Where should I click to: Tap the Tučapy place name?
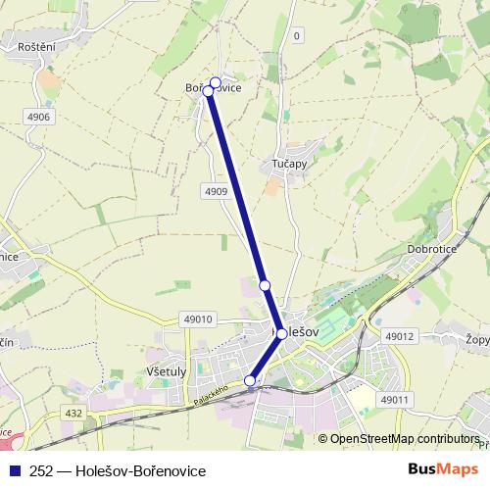click(289, 164)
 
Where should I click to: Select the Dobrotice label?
click(430, 250)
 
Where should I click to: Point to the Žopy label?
click(478, 339)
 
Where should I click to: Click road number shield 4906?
click(39, 117)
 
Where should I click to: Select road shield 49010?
click(198, 318)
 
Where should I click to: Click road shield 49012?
click(400, 336)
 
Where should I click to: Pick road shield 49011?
click(393, 400)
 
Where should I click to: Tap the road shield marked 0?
click(296, 36)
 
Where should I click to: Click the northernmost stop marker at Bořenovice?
click(216, 82)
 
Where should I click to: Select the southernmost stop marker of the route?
click(250, 380)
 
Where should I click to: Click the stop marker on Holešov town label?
click(281, 334)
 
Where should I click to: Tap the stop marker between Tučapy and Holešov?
click(265, 285)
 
